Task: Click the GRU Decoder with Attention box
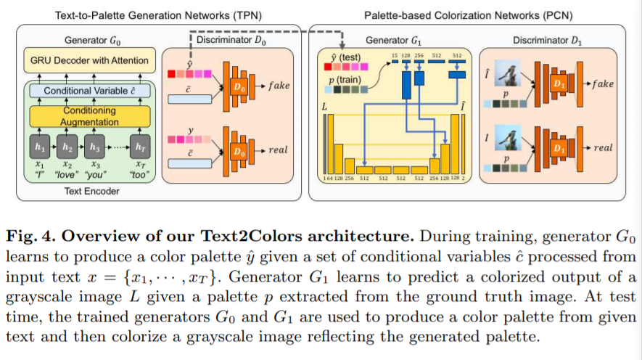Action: (x=89, y=60)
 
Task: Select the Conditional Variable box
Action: (x=89, y=91)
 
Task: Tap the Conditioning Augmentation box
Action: (x=89, y=116)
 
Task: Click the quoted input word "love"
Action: (x=67, y=175)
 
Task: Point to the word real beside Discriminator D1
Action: (x=603, y=147)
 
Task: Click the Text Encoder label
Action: (x=89, y=191)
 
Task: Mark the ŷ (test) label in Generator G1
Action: (x=345, y=57)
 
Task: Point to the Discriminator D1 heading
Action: (x=551, y=41)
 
